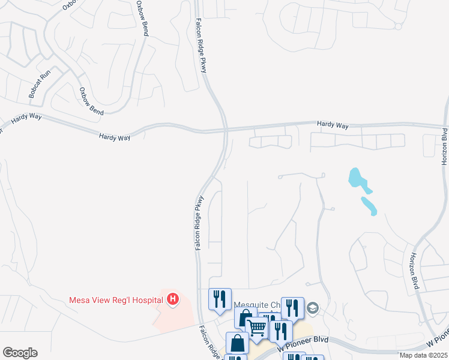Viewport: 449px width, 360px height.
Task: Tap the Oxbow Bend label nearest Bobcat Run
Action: click(x=91, y=101)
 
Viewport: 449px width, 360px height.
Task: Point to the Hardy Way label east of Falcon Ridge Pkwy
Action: click(x=333, y=125)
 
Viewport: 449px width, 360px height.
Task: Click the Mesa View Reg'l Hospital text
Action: click(x=116, y=299)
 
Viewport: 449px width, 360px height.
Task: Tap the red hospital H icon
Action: click(x=173, y=298)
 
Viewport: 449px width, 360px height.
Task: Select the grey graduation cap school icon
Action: click(x=312, y=308)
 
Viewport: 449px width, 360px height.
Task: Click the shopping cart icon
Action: click(x=257, y=328)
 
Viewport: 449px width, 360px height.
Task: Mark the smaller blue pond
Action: click(x=369, y=205)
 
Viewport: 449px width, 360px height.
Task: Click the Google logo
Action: click(x=20, y=352)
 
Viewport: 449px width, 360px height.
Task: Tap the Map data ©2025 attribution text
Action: click(x=423, y=355)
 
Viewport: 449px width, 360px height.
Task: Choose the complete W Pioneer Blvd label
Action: click(x=303, y=344)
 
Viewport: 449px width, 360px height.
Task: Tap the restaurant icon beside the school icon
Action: click(x=292, y=307)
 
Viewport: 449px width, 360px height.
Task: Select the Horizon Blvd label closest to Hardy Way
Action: click(x=444, y=146)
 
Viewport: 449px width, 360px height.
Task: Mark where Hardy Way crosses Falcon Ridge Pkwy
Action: click(x=226, y=128)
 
